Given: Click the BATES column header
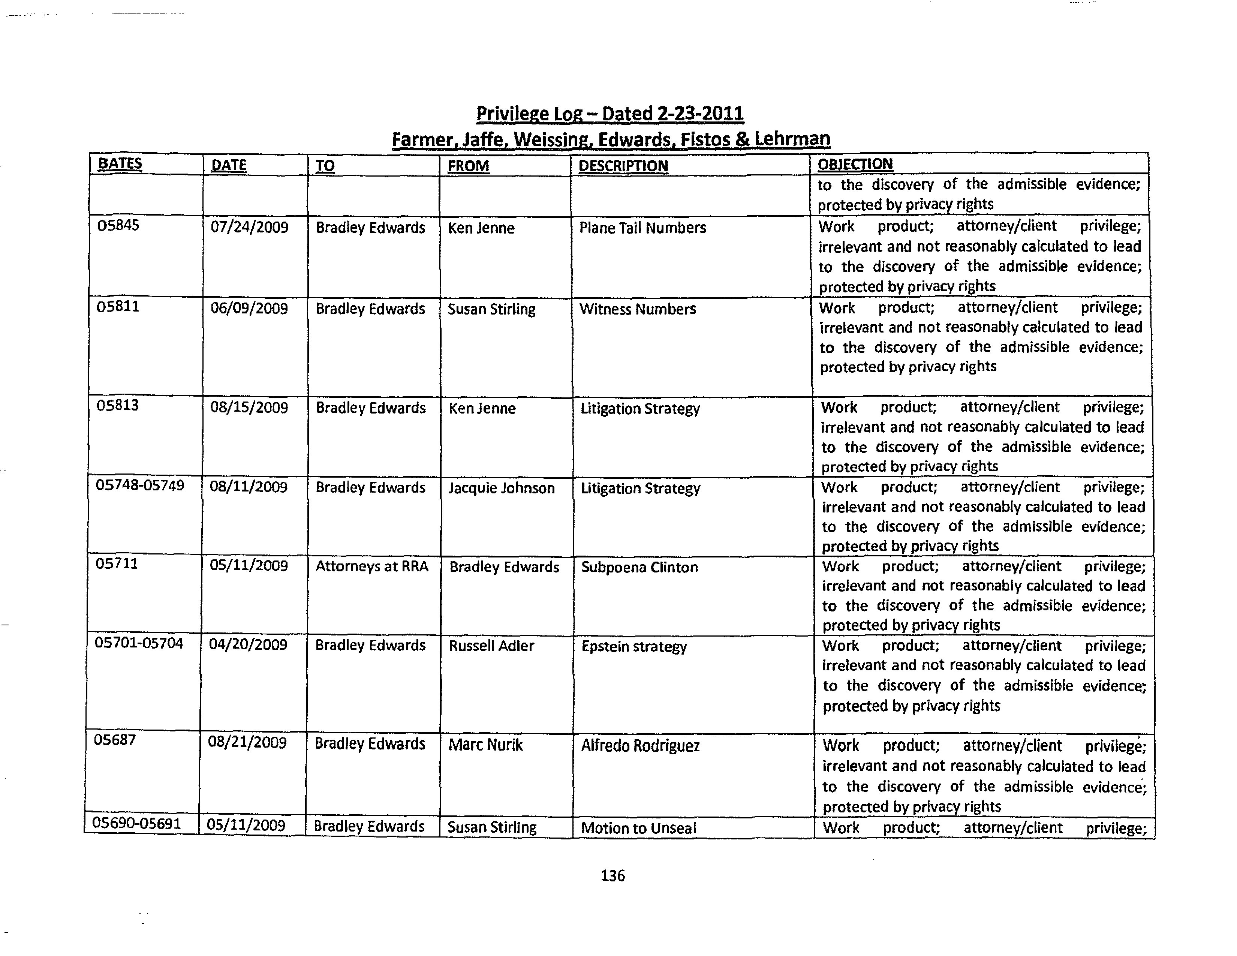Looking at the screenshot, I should click(120, 164).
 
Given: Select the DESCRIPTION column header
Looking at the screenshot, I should click(623, 166).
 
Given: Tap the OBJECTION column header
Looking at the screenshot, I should click(855, 164).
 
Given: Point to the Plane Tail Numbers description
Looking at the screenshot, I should click(642, 228).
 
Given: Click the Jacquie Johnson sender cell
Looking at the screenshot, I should click(501, 488).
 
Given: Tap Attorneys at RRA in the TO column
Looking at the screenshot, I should click(371, 566).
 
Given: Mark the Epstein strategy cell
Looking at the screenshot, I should click(634, 647).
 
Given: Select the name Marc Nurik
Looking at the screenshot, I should click(485, 745).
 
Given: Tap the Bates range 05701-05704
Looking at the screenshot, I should click(139, 643).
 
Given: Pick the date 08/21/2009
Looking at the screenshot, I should click(247, 742).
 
